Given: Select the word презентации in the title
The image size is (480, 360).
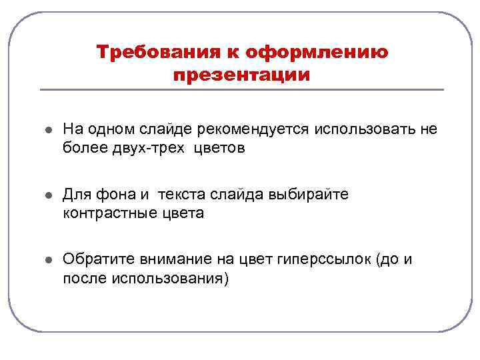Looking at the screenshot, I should point(241,75).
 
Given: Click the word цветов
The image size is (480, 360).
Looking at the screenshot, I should point(220,148).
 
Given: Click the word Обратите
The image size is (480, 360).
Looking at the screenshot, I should point(98,259).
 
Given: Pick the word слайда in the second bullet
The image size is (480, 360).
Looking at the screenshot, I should point(239,195).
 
